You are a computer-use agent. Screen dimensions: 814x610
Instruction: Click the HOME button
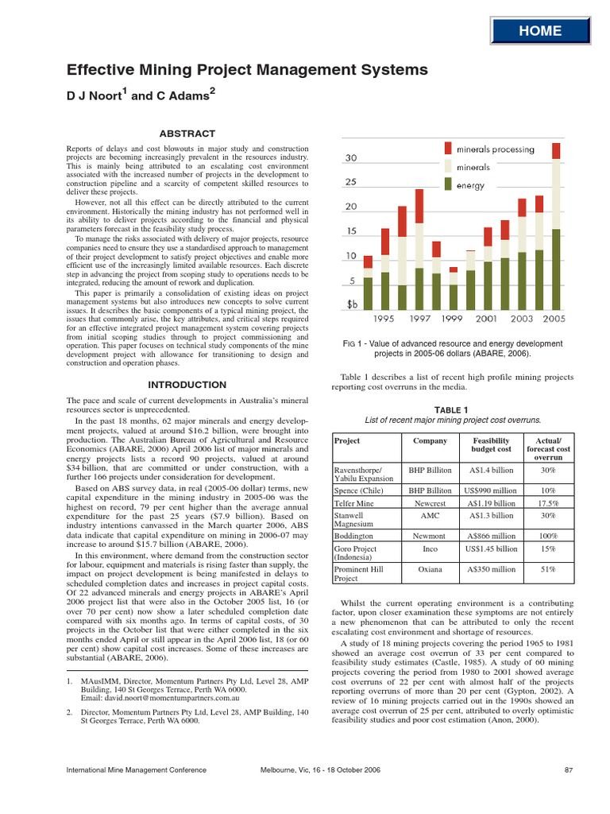pos(540,31)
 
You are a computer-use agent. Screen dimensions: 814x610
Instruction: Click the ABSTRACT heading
pos(187,133)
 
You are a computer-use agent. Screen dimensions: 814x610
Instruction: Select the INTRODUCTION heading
pos(187,385)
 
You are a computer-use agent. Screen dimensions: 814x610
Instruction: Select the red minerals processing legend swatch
pos(449,148)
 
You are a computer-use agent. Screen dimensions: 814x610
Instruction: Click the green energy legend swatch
pos(449,184)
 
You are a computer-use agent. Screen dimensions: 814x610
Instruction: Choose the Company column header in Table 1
pos(430,441)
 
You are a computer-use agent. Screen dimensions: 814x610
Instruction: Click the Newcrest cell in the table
pos(430,503)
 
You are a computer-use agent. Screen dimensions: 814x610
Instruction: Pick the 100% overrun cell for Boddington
pos(548,536)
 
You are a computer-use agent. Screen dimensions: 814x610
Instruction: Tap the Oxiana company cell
pos(430,570)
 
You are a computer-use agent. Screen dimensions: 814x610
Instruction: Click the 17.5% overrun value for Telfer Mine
pos(548,503)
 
